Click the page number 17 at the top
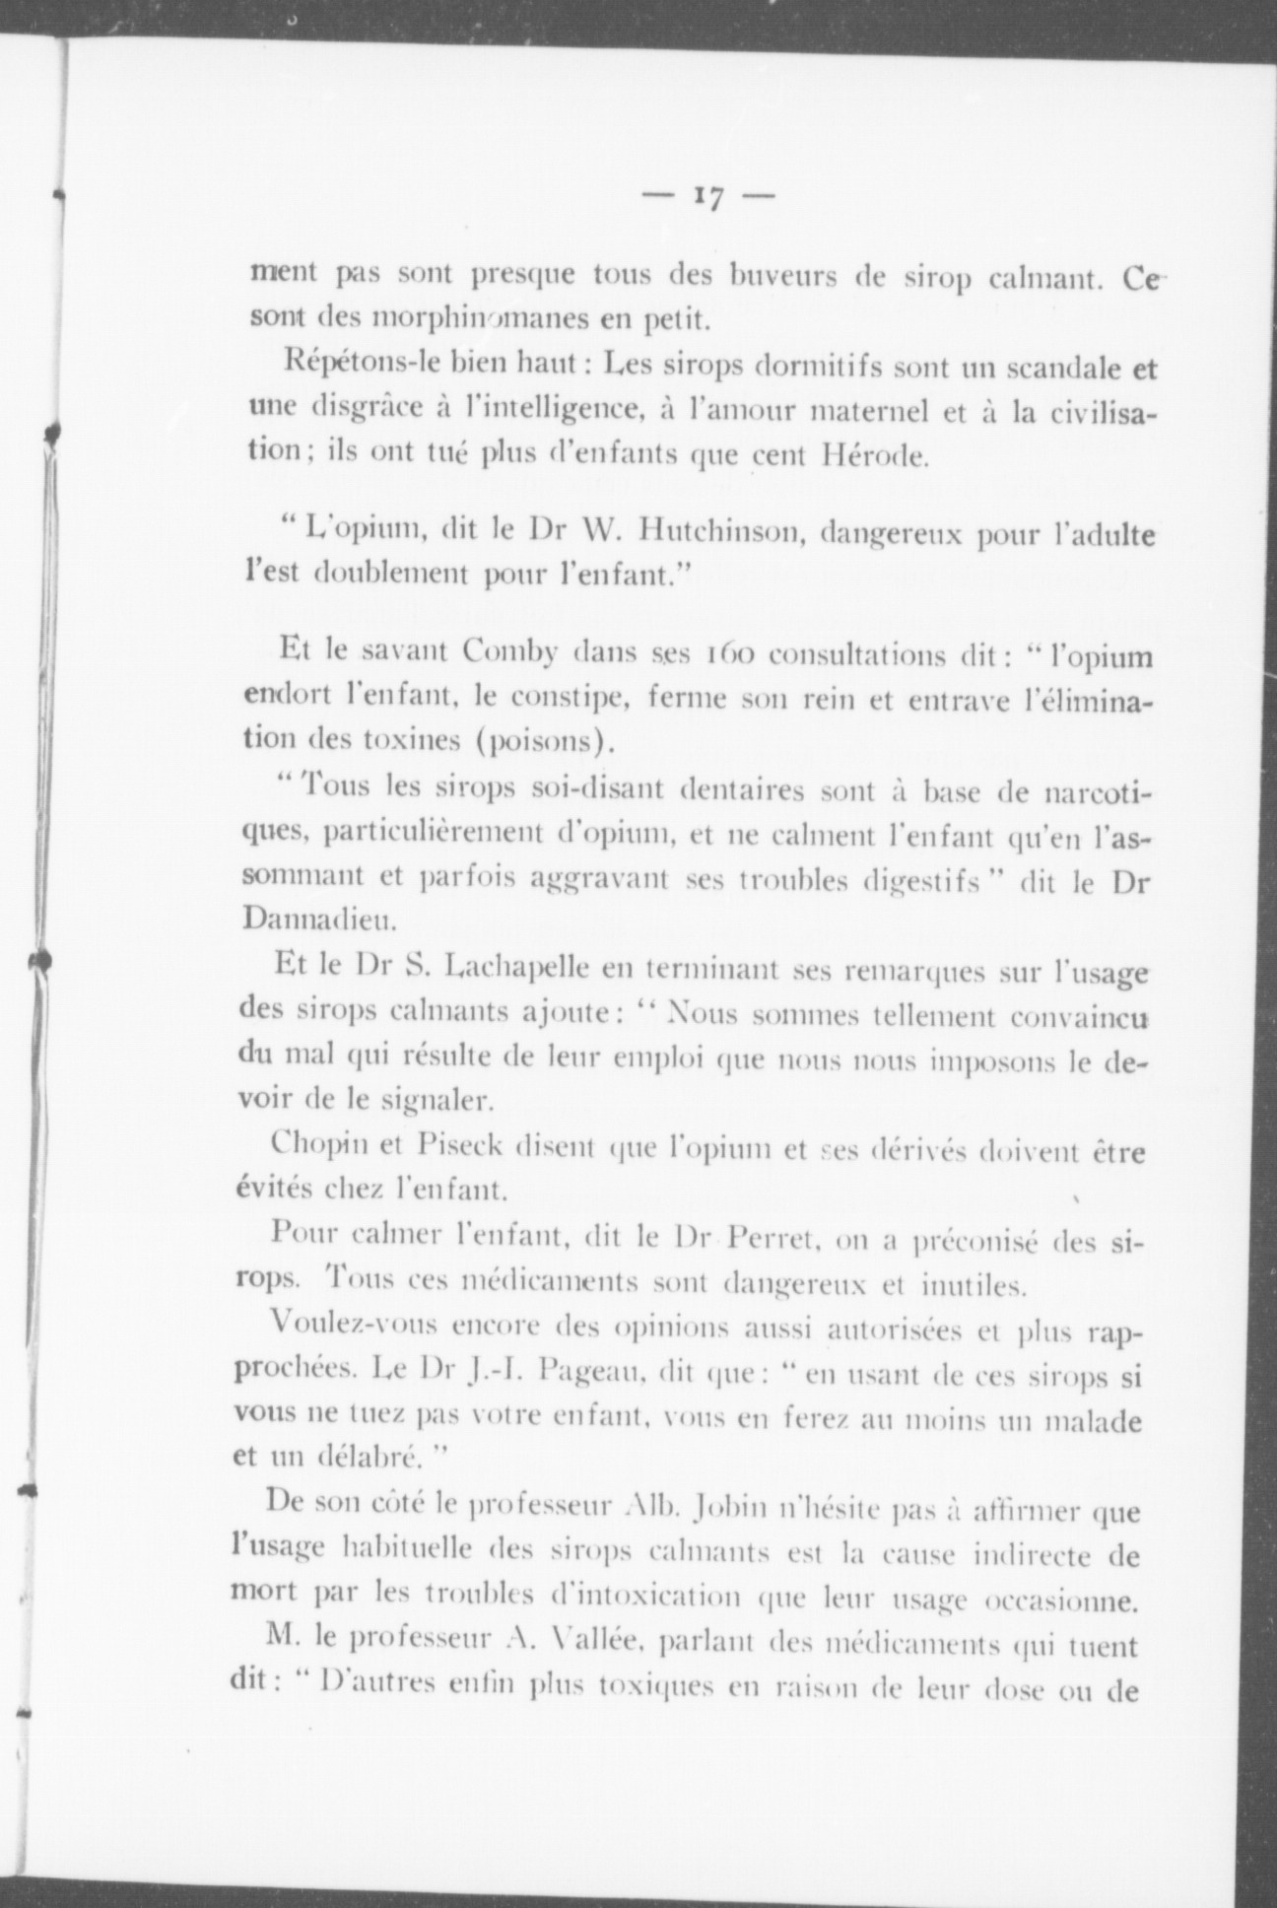pos(708,197)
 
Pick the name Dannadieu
pos(303,921)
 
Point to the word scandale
pos(1064,369)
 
